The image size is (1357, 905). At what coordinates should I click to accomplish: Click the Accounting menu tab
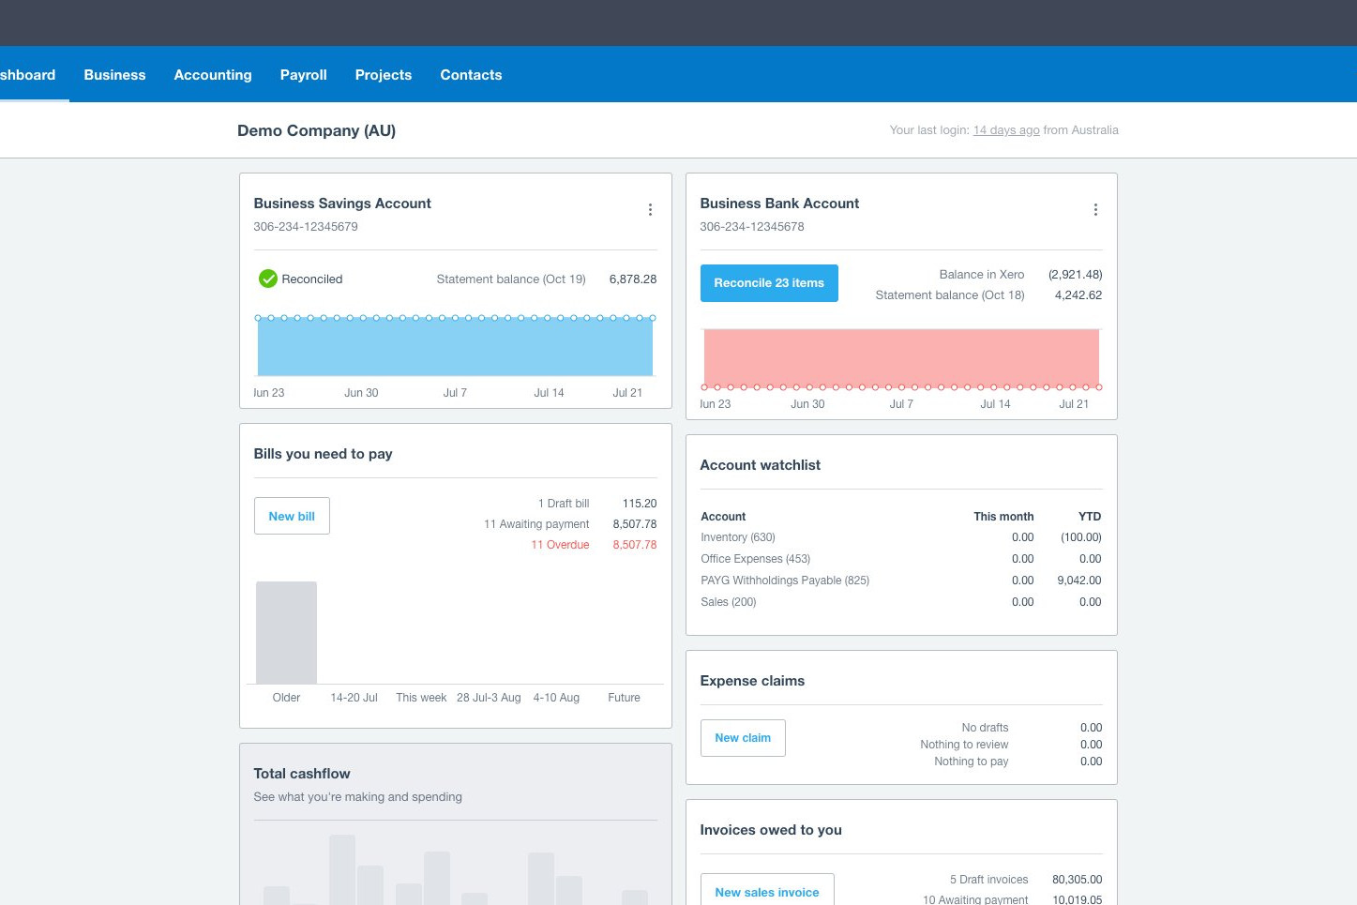(x=213, y=74)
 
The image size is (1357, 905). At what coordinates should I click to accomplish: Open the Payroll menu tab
(x=303, y=74)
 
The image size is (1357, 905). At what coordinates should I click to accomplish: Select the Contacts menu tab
(x=471, y=74)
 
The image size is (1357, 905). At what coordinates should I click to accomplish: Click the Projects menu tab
(x=383, y=74)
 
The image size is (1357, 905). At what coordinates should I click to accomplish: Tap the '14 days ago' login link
(x=1005, y=130)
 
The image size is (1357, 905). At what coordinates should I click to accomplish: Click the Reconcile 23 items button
(x=769, y=283)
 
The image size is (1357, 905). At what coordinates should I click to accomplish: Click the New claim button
(x=743, y=738)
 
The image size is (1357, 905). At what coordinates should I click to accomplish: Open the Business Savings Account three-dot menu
(x=650, y=209)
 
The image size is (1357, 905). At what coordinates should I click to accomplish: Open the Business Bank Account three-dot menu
(x=1095, y=209)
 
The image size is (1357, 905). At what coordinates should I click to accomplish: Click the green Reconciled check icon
(x=268, y=279)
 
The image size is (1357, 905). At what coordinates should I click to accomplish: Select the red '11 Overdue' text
(x=560, y=545)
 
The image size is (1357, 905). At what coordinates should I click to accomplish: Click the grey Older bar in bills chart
(x=286, y=632)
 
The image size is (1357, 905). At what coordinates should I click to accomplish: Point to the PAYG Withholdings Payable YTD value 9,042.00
(x=1078, y=581)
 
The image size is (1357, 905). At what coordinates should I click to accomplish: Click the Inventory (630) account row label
(x=737, y=537)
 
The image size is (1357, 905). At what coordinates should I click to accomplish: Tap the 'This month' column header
(x=1003, y=516)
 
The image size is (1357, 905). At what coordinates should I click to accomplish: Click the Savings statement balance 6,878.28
(x=632, y=279)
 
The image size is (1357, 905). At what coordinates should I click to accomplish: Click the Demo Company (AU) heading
(x=316, y=131)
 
